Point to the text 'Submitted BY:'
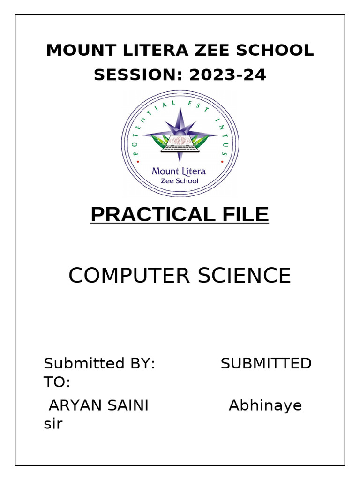click(99, 363)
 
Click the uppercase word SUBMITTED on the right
click(266, 363)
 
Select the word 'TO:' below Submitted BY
click(57, 382)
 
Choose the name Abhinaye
click(265, 406)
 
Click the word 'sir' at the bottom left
click(53, 425)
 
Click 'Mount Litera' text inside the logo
click(179, 171)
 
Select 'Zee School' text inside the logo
click(180, 181)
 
